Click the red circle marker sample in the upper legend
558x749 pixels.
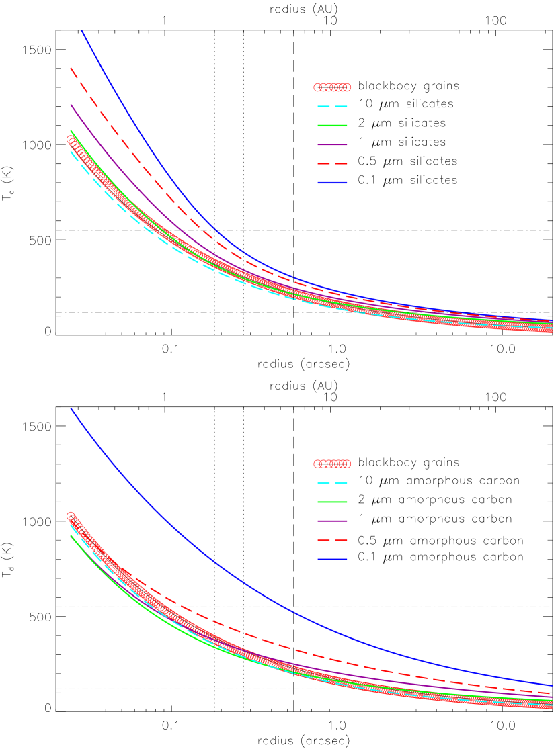[x=332, y=87]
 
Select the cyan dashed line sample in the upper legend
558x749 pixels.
[x=332, y=106]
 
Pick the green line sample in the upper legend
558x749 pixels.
[x=332, y=126]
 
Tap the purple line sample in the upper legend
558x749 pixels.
[x=332, y=144]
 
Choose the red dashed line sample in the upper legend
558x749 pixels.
[x=332, y=163]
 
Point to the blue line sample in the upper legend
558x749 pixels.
[x=332, y=182]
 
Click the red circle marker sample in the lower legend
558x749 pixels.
[x=332, y=464]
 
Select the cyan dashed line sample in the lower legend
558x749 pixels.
[x=332, y=483]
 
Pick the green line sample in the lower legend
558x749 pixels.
[x=332, y=502]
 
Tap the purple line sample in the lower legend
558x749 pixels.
[x=332, y=521]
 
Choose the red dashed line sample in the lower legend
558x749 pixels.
[x=332, y=540]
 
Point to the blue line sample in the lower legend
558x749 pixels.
[x=332, y=559]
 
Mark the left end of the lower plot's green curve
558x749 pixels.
[x=71, y=535]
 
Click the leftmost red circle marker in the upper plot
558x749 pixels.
[x=71, y=139]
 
